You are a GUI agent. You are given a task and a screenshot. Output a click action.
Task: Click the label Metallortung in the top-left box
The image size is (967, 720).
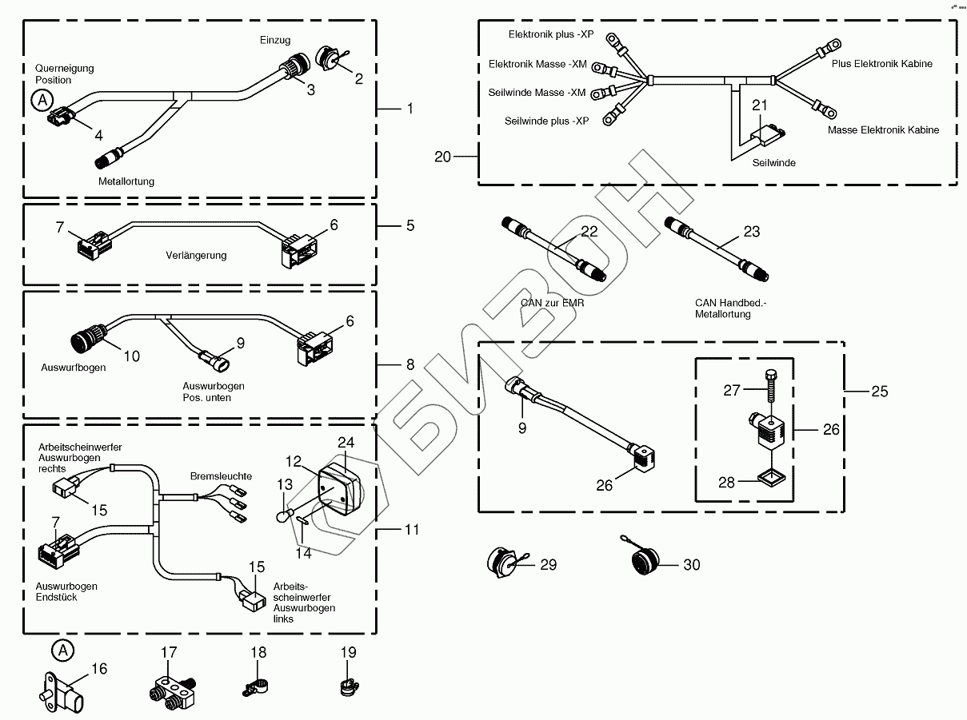click(x=126, y=181)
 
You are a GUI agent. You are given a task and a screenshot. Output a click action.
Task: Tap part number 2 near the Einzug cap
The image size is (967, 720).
click(x=358, y=78)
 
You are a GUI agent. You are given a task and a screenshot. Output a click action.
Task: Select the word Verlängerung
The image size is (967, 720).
click(x=196, y=256)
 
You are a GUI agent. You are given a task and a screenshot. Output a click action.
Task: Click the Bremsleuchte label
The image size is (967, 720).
click(x=221, y=476)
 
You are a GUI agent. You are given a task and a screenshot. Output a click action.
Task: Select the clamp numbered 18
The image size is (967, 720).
click(x=254, y=686)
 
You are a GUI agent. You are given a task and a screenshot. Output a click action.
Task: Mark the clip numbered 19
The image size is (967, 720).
click(x=346, y=686)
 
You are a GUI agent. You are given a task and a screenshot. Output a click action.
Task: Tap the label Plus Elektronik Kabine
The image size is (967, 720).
click(x=881, y=64)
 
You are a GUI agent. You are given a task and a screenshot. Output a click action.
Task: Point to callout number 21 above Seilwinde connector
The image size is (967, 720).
click(x=760, y=105)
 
